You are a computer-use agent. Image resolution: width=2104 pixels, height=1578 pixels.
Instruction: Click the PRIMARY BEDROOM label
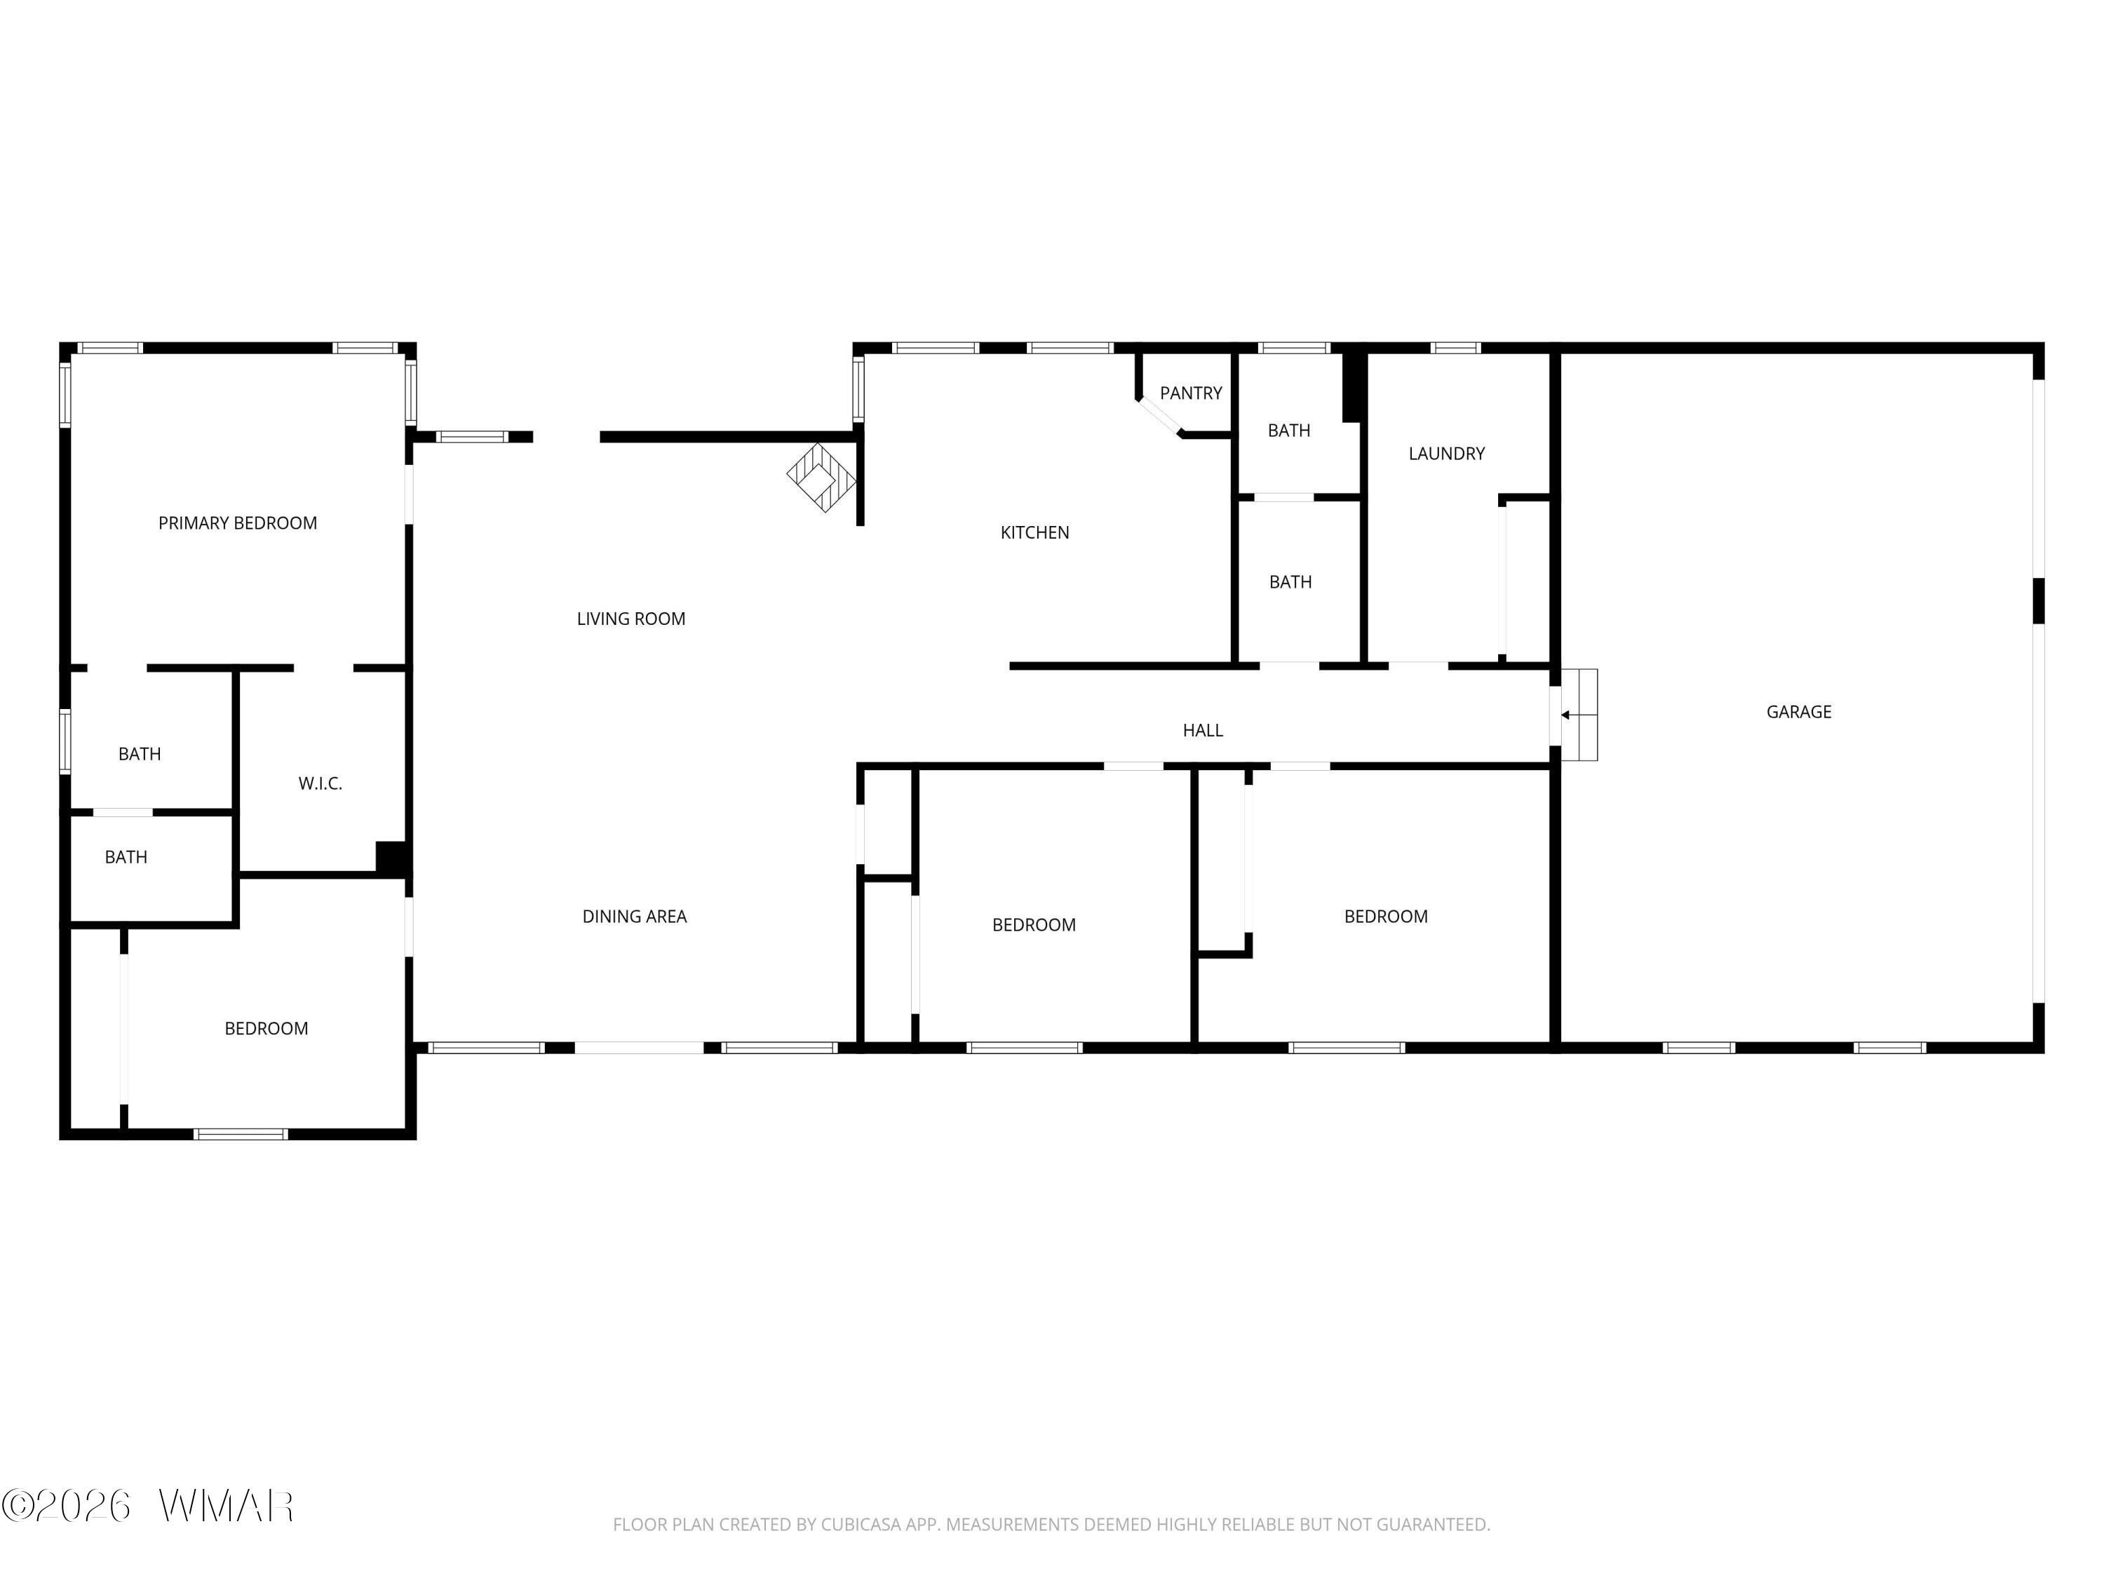point(238,523)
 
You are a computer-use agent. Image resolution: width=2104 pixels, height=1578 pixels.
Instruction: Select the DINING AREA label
point(635,917)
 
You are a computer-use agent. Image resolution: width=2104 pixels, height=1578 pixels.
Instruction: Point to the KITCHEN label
point(1035,532)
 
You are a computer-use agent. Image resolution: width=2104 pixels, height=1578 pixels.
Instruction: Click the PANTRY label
point(1191,393)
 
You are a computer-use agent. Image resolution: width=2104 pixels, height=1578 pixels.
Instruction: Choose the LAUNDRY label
point(1447,454)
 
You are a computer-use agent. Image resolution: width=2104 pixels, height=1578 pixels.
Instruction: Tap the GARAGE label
point(1799,711)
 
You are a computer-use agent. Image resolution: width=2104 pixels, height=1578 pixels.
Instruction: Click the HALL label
point(1203,731)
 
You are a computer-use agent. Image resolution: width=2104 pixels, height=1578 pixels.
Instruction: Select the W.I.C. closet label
point(321,784)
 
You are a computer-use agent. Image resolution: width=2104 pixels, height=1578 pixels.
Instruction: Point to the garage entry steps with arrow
point(1578,715)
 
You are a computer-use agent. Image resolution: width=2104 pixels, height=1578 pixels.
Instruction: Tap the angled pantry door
point(1159,417)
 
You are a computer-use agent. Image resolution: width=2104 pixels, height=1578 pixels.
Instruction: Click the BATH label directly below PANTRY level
point(1289,431)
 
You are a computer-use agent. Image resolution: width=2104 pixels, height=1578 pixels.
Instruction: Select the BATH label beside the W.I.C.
point(140,754)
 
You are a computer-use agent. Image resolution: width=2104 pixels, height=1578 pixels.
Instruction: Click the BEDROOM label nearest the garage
point(1386,917)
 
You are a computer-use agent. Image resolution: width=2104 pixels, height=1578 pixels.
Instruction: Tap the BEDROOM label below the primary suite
point(267,1029)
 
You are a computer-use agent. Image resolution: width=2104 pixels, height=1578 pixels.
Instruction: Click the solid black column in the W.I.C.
point(393,857)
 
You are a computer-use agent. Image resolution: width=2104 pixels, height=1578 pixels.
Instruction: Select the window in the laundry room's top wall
point(1455,348)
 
